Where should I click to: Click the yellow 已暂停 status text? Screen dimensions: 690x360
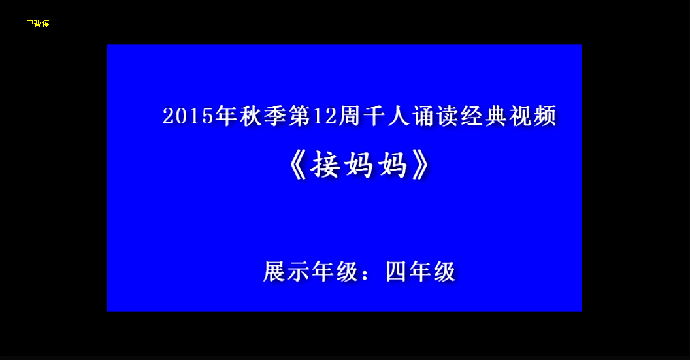click(x=38, y=24)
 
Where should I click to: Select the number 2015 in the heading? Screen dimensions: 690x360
click(x=188, y=117)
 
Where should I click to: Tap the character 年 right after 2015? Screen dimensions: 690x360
click(x=226, y=116)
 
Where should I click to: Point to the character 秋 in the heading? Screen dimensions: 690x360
click(x=251, y=116)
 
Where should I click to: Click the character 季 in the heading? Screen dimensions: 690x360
click(x=275, y=116)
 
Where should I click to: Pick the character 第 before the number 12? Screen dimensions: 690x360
click(x=299, y=116)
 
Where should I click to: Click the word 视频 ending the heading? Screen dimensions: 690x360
click(x=533, y=116)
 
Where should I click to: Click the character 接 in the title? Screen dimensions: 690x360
click(x=325, y=166)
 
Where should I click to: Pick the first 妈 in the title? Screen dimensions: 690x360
click(x=359, y=166)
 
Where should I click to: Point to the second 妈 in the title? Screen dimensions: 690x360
click(x=393, y=166)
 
